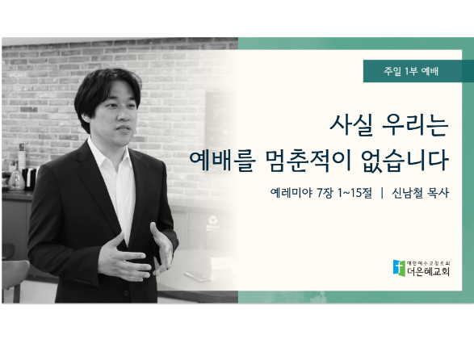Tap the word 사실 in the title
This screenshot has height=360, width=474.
tap(351, 125)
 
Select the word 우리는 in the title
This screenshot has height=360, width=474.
tap(415, 125)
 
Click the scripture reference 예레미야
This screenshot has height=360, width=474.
tap(292, 193)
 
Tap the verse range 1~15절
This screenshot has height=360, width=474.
tap(354, 193)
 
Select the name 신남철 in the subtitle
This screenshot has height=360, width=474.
tap(407, 193)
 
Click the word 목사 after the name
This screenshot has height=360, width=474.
tap(438, 193)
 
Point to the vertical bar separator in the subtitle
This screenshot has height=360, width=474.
tap(382, 193)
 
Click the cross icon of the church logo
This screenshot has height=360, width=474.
tap(399, 268)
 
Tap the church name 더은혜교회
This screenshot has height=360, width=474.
tap(428, 271)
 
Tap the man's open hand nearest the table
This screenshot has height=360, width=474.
tap(163, 248)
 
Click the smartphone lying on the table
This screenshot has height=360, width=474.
tap(197, 276)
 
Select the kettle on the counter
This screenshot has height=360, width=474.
tap(16, 181)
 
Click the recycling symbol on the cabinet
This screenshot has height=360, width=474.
tap(213, 220)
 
